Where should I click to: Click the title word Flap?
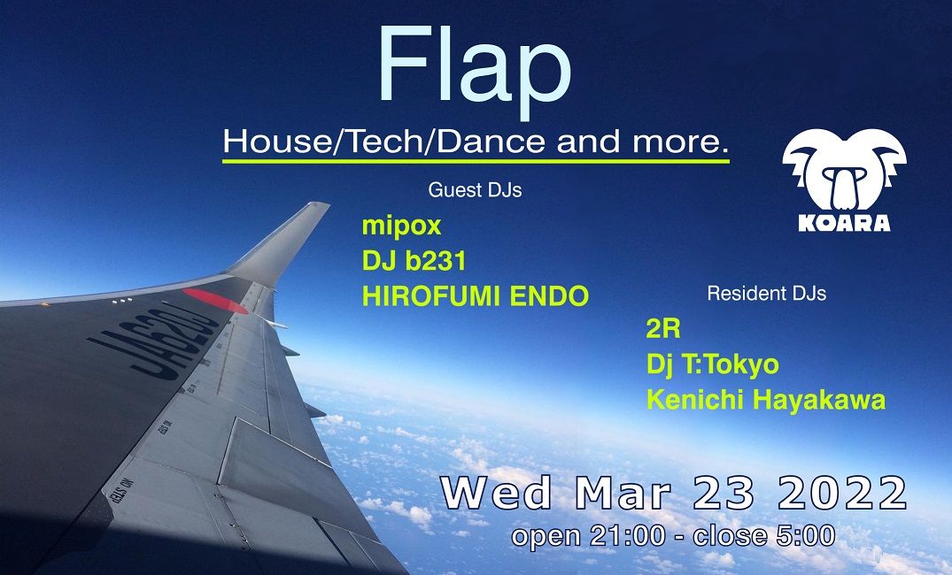click(475, 66)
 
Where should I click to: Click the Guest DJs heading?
click(475, 190)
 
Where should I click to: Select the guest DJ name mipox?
click(401, 226)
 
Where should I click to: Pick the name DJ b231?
click(414, 261)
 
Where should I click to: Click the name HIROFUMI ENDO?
click(475, 296)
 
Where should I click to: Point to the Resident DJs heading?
click(766, 294)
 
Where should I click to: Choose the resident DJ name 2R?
click(662, 330)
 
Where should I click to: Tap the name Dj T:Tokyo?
click(712, 364)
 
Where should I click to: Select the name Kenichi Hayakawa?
click(765, 400)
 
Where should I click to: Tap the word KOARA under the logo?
click(844, 222)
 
